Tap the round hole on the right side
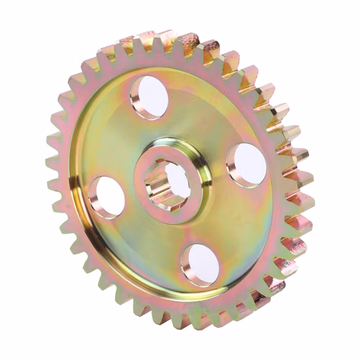point(245,165)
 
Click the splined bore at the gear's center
point(173,179)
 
